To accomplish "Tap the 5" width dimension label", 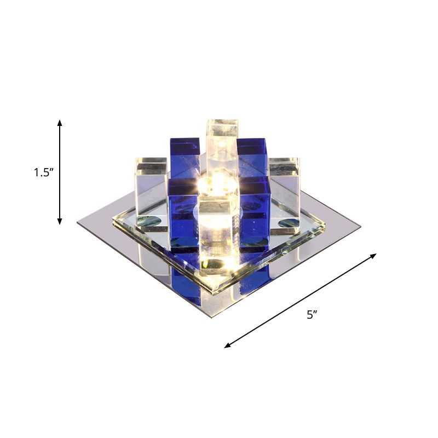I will [312, 315].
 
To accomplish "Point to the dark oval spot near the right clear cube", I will [289, 223].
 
